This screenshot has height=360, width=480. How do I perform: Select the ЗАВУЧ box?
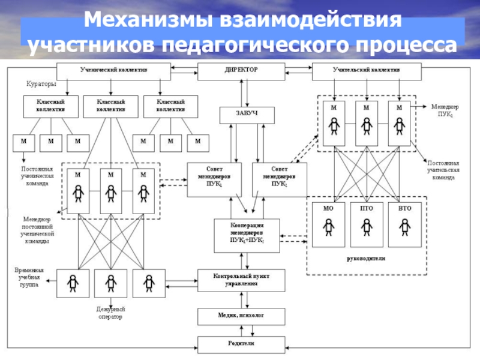point(239,114)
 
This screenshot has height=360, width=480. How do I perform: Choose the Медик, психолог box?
point(240,316)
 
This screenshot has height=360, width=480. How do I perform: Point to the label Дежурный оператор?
point(109,313)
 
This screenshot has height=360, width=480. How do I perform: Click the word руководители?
point(366,259)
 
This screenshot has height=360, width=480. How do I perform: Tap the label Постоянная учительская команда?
point(444,170)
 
